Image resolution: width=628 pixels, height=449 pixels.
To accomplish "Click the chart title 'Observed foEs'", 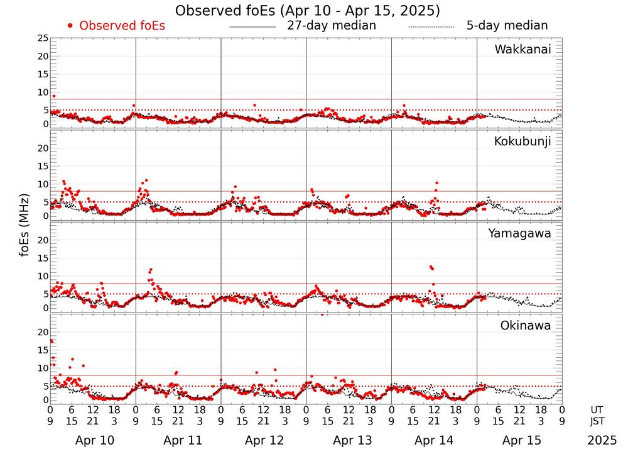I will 307,11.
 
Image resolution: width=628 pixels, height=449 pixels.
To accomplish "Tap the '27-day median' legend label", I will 331,26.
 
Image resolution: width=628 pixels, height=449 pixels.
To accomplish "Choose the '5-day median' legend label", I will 507,26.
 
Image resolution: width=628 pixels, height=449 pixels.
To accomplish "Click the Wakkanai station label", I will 522,50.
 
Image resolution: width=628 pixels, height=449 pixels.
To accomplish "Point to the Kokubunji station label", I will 522,141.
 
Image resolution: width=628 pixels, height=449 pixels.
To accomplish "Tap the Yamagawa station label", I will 519,233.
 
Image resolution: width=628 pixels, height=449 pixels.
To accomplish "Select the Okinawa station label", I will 525,326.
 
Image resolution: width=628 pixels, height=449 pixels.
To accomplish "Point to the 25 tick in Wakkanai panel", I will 42,38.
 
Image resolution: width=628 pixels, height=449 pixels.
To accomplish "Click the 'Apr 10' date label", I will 93,440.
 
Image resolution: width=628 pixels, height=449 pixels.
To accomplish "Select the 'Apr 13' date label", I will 349,440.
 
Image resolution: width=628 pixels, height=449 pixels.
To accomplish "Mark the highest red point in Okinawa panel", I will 51,341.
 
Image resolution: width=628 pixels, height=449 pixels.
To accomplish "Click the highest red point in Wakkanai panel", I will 54,96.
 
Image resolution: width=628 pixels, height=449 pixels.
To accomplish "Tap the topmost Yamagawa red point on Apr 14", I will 431,267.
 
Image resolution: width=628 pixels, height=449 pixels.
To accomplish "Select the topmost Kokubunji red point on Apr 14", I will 436,183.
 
